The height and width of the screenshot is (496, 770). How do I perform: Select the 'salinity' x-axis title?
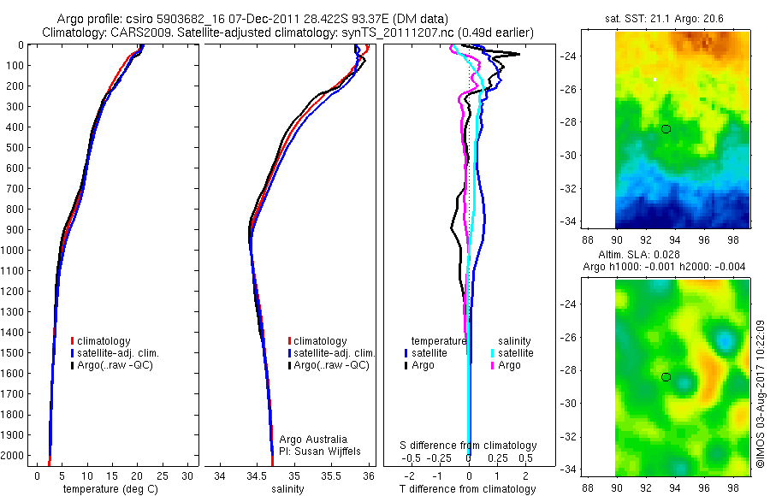289,489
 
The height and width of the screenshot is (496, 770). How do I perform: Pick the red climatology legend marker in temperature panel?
72,341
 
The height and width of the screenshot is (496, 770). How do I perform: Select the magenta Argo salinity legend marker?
493,365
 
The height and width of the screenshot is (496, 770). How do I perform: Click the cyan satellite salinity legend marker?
493,352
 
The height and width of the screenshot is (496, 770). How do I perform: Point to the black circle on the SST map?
666,129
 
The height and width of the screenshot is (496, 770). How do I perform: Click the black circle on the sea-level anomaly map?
666,376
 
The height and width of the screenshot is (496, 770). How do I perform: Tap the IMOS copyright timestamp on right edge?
759,393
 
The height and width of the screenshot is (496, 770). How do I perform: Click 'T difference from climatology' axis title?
468,489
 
